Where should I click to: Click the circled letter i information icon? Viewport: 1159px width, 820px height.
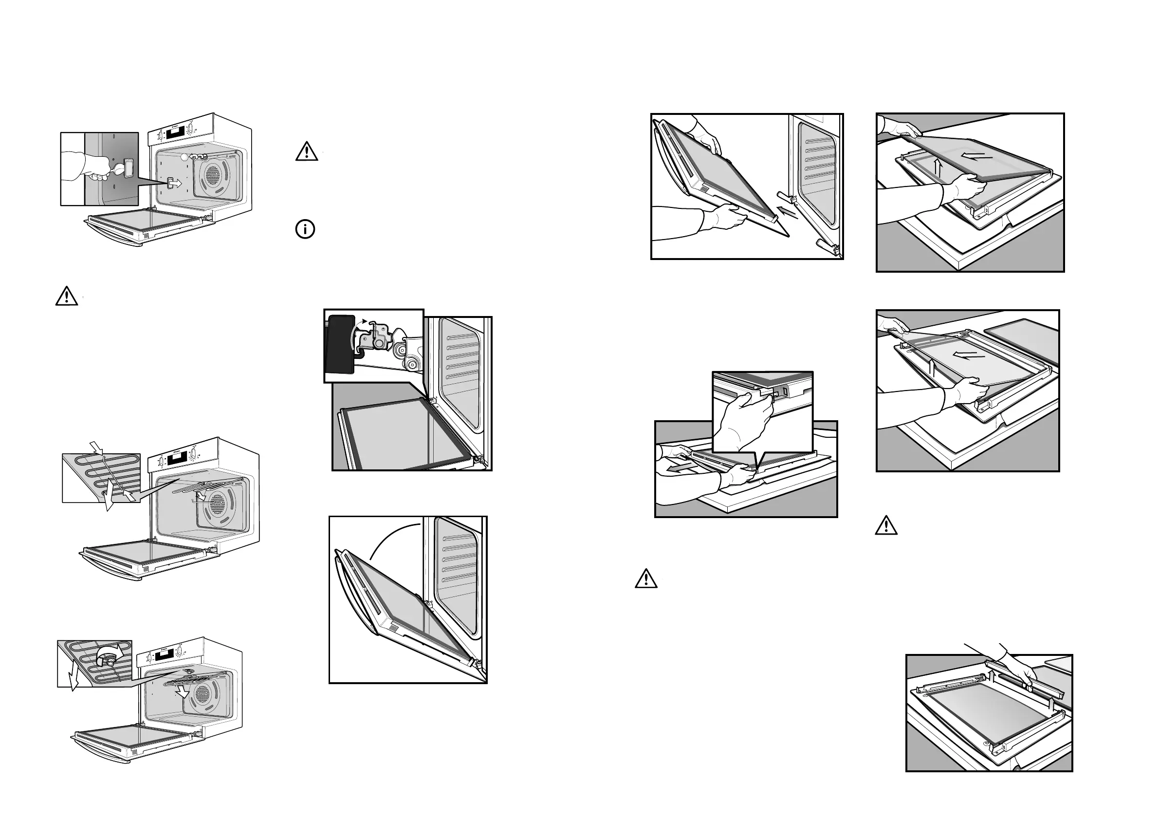(305, 229)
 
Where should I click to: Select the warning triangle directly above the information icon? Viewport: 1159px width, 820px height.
(306, 152)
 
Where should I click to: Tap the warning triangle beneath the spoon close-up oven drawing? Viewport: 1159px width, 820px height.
(67, 297)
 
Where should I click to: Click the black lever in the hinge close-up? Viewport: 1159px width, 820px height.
(341, 344)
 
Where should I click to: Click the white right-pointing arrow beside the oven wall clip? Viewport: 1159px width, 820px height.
(176, 183)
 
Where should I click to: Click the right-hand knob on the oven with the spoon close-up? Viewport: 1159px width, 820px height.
(190, 129)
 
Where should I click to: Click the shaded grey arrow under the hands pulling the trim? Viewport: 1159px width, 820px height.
(680, 468)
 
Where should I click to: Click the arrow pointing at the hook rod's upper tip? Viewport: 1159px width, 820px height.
(96, 447)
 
